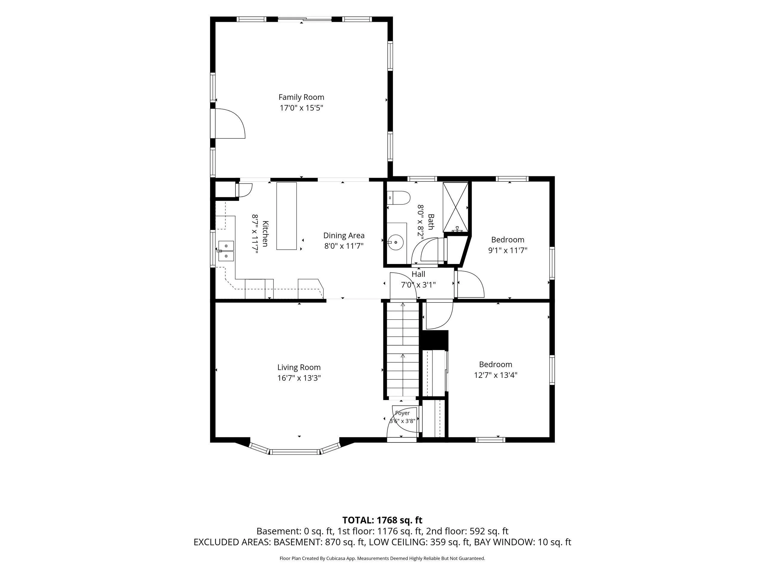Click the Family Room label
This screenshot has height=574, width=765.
[301, 97]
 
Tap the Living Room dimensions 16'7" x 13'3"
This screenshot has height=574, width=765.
[299, 378]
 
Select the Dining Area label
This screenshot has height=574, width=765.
[344, 236]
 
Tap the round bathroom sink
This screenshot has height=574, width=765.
[396, 242]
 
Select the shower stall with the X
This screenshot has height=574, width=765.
[455, 207]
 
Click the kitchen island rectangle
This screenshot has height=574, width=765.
[286, 216]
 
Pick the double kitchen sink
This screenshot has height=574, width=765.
[226, 251]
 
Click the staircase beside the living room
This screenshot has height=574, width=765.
[403, 349]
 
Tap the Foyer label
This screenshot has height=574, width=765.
[402, 413]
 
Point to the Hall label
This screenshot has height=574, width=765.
[418, 274]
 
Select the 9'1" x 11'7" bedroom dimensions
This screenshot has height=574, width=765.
[508, 251]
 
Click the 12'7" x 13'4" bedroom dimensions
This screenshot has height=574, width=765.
[495, 375]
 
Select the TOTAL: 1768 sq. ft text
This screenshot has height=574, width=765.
[382, 520]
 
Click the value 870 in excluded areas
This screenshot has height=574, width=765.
[332, 542]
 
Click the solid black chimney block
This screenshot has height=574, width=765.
[434, 340]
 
